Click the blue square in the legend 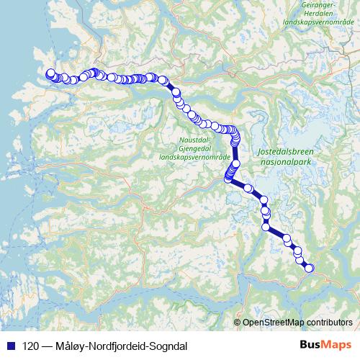pos(9,346)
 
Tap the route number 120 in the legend pos(31,346)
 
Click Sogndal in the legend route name pos(168,346)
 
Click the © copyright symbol pos(237,323)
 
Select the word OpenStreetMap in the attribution pos(273,323)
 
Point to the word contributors pos(329,323)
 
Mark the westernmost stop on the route pos(50,73)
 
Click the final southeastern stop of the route pos(310,268)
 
